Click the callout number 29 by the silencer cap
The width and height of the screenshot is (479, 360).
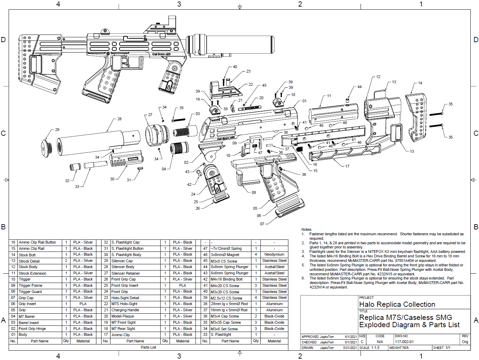pyautogui.click(x=57, y=130)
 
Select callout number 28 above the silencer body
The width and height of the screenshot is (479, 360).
pyautogui.click(x=119, y=119)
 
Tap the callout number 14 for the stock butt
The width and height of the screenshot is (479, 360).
pyautogui.click(x=420, y=83)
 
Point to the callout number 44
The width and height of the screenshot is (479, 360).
pyautogui.click(x=360, y=87)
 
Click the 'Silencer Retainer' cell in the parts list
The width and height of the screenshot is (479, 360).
pyautogui.click(x=125, y=273)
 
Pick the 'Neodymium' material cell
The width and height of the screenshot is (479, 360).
pyautogui.click(x=274, y=255)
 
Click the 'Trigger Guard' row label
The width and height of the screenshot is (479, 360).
pyautogui.click(x=30, y=292)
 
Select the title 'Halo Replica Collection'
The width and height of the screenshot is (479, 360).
pyautogui.click(x=397, y=304)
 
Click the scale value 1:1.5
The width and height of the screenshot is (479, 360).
pyautogui.click(x=375, y=348)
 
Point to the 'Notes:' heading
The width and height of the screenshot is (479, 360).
pyautogui.click(x=307, y=229)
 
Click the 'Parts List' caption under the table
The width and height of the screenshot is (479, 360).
pyautogui.click(x=149, y=347)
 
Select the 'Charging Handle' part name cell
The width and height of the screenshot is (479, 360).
pyautogui.click(x=125, y=310)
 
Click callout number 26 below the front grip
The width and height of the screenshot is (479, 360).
pyautogui.click(x=198, y=208)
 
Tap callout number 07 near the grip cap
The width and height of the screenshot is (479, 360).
pyautogui.click(x=262, y=224)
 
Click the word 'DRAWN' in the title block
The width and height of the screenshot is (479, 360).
pyautogui.click(x=307, y=348)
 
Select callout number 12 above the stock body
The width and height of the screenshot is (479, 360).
pyautogui.click(x=378, y=77)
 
